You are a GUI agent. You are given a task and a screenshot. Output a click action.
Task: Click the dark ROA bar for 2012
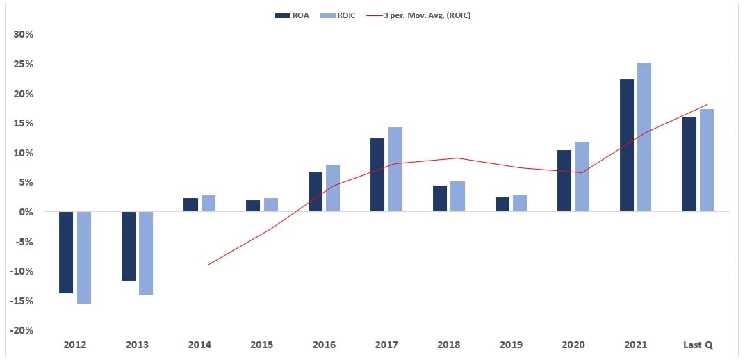coord(66,252)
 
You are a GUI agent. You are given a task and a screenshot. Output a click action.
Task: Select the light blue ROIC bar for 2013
coord(146,253)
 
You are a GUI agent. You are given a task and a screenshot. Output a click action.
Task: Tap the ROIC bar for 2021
coord(644,137)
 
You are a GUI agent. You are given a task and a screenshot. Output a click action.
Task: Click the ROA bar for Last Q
coord(689,164)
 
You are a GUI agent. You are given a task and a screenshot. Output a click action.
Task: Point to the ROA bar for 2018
coord(440,199)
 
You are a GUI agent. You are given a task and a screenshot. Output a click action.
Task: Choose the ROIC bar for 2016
coord(333,188)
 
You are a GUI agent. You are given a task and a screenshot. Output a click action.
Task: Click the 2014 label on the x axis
coord(199,345)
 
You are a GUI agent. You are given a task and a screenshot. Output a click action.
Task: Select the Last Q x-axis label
coord(698,345)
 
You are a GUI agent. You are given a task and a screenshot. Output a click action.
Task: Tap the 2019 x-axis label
coord(511,345)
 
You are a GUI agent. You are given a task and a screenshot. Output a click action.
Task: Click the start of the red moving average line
coord(208,265)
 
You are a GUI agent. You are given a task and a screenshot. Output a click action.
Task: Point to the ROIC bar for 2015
coord(271,205)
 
